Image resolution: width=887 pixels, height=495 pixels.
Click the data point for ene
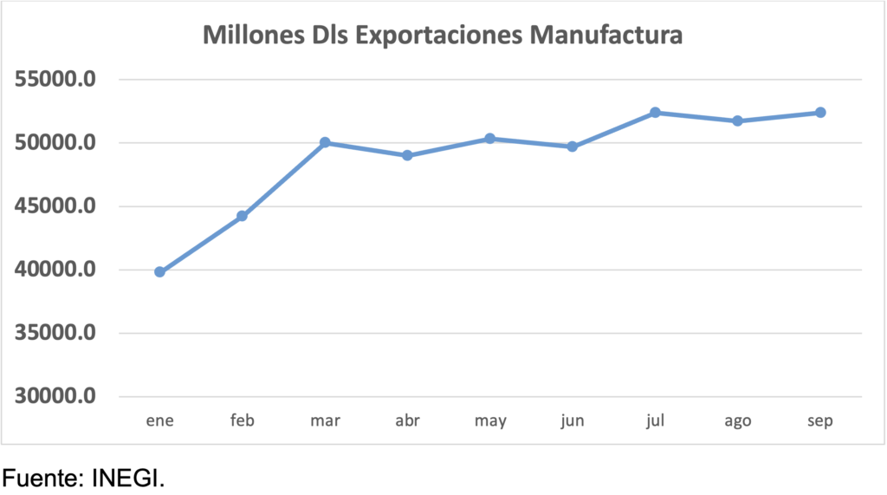coord(160,272)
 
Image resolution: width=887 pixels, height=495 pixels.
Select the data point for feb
coord(243,216)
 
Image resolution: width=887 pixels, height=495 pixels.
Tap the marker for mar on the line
coord(325,142)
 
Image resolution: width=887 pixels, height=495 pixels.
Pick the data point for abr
coord(407,155)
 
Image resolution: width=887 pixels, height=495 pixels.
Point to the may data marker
coord(490,139)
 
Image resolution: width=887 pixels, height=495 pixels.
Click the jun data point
coord(573,147)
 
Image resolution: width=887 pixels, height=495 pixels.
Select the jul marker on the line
coord(655,113)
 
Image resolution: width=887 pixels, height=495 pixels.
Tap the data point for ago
coord(738,120)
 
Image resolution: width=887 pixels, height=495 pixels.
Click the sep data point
coord(820,113)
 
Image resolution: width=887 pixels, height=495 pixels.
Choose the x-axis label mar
coord(325,421)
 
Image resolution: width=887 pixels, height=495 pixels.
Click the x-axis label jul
coord(655,421)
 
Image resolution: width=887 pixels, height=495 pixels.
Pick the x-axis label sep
coord(820,421)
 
